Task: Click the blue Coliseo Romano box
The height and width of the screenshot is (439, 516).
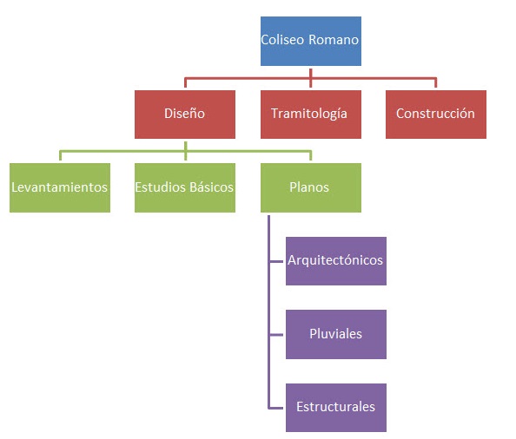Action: [311, 41]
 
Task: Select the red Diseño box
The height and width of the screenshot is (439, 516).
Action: [185, 115]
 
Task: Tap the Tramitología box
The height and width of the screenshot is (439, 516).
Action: [311, 115]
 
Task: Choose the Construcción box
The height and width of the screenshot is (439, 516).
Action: [436, 115]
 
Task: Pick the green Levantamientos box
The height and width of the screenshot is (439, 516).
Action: [60, 187]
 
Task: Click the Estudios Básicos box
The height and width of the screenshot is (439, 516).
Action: [185, 187]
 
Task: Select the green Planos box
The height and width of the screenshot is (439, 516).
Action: [311, 187]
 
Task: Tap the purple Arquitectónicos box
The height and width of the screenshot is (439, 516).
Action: [336, 261]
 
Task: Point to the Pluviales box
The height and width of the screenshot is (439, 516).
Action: [336, 334]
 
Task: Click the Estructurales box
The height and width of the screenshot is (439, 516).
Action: [336, 408]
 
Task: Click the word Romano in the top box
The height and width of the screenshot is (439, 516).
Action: [334, 40]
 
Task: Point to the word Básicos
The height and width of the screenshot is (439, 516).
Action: [212, 187]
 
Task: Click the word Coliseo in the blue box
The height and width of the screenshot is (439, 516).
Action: [282, 40]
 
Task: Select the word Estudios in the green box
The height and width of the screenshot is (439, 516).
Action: [161, 187]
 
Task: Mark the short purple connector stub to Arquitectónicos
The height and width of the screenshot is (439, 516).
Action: [276, 261]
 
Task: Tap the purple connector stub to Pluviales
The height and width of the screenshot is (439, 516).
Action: [276, 335]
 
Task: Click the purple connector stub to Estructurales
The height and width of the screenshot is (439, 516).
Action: [276, 408]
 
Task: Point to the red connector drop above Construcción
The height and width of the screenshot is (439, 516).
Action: [436, 82]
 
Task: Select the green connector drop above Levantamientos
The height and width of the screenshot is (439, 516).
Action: [60, 155]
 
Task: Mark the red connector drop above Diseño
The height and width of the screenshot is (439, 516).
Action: [185, 82]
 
